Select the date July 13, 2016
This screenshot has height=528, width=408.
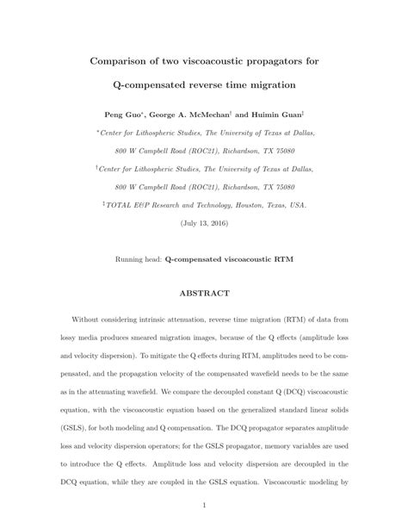pos(204,223)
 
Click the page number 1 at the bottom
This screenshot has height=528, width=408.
pos(204,506)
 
